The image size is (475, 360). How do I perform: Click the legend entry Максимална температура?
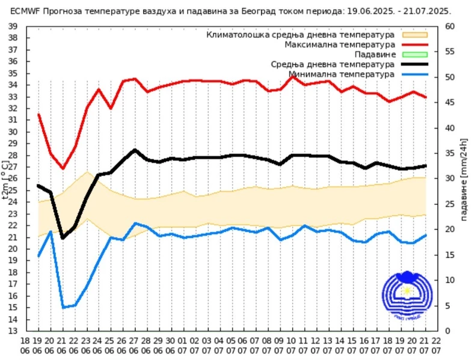click(340, 45)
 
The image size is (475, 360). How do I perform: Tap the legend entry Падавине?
click(376, 55)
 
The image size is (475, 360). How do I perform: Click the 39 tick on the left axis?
click(13, 26)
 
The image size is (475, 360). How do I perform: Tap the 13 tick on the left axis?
click(13, 331)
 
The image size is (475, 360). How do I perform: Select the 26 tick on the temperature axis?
click(13, 178)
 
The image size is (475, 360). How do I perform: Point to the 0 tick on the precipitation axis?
click(447, 331)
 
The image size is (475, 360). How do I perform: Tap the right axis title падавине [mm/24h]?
click(464, 178)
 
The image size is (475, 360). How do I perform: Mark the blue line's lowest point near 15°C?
click(63, 308)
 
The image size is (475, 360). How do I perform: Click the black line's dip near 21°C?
click(63, 238)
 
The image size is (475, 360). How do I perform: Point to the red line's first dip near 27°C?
click(63, 168)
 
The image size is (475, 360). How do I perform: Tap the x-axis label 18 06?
click(26, 346)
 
